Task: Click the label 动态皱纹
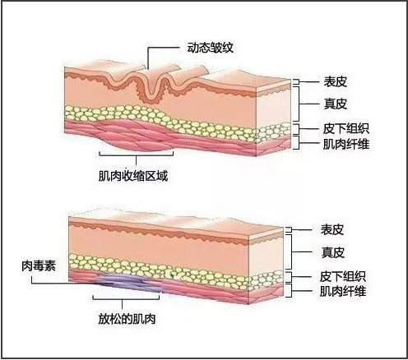coord(211,48)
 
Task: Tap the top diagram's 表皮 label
coord(335,81)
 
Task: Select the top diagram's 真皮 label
coord(335,104)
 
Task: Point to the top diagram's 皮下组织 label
coord(346,128)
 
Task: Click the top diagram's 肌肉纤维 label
coord(346,144)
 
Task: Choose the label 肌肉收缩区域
coord(133,176)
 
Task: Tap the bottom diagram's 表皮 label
coord(332,229)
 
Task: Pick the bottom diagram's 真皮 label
coord(332,252)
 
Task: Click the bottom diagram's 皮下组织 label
coord(343,276)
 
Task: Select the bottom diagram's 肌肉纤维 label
coord(343,291)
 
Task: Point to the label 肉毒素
coord(39,265)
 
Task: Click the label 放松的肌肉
coord(127,319)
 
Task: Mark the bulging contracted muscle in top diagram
coord(137,137)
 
